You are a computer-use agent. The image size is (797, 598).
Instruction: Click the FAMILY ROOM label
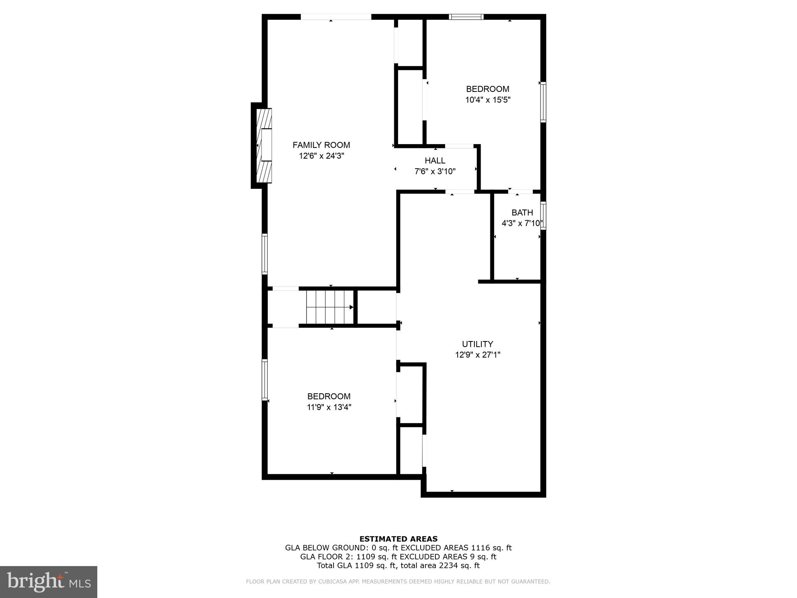[x=321, y=145]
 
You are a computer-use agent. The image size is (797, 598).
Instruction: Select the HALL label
[x=435, y=160]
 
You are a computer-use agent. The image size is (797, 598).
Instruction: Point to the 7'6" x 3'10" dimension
[x=435, y=171]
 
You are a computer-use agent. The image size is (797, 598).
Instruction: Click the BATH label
[x=522, y=213]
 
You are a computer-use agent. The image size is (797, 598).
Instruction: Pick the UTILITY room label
[x=477, y=344]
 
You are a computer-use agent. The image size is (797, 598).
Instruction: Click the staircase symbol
[x=329, y=307]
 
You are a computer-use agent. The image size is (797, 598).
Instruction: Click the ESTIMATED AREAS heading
[x=398, y=539]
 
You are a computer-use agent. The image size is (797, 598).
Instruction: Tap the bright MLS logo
[x=49, y=582]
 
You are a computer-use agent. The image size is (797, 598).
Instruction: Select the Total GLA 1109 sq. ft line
[x=398, y=566]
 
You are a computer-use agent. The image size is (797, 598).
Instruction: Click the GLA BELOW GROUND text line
[x=398, y=548]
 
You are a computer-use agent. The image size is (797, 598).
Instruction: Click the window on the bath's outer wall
[x=543, y=215]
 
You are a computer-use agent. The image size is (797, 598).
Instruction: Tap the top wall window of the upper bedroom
[x=466, y=17]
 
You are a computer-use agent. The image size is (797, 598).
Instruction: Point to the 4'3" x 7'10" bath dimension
[x=522, y=223]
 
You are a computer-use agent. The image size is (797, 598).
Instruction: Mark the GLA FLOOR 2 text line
[x=398, y=557]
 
